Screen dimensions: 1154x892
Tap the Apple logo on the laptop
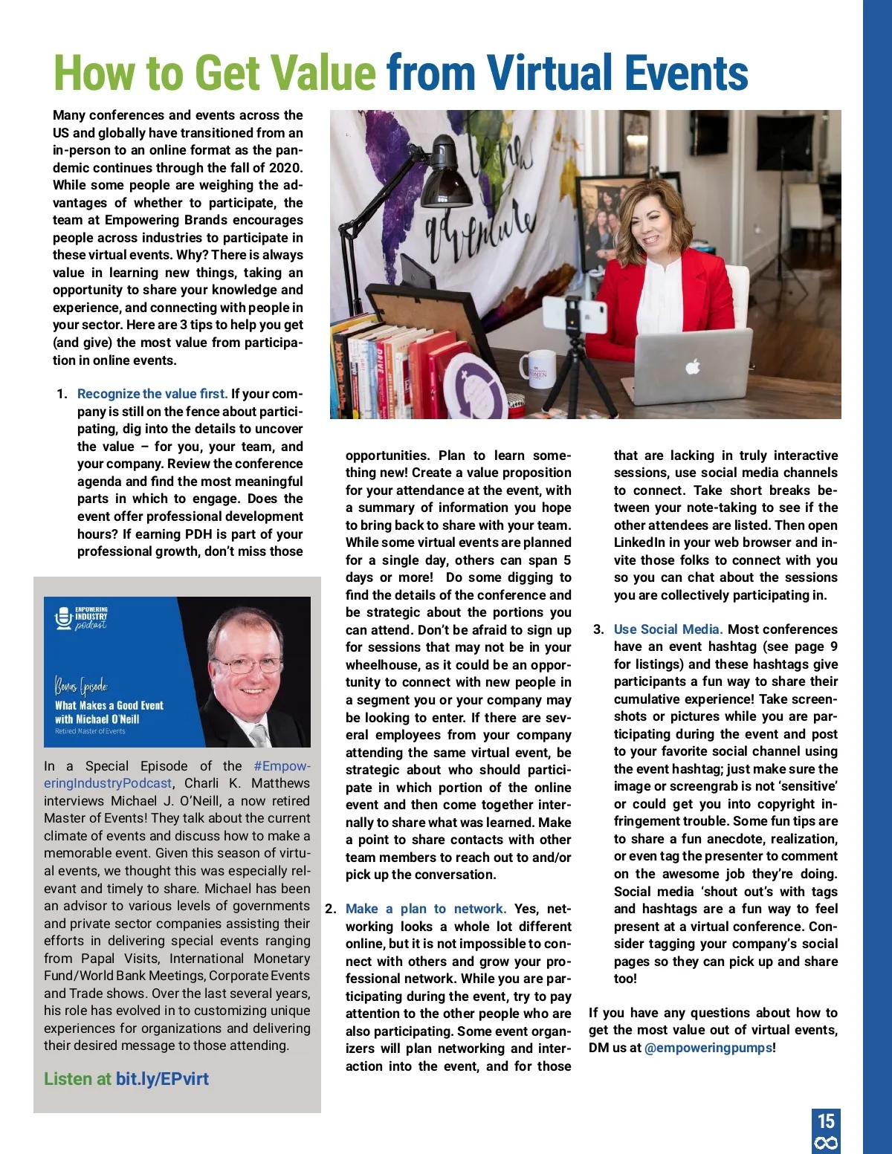pos(692,366)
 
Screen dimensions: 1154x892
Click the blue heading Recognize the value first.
pos(152,394)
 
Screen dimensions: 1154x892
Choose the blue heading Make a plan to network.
pos(425,909)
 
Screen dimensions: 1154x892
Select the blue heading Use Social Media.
pos(668,629)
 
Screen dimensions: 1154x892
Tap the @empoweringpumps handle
pos(708,1048)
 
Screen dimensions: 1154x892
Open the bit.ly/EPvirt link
pos(162,1079)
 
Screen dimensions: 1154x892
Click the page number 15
pos(826,1121)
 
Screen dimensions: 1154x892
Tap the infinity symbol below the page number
pos(826,1143)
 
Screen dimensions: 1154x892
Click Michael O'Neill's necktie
pos(259,735)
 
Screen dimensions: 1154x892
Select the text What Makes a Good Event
pos(109,705)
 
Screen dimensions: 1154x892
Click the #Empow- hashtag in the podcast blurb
pos(282,766)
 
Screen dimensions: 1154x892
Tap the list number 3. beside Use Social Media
pos(598,629)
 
